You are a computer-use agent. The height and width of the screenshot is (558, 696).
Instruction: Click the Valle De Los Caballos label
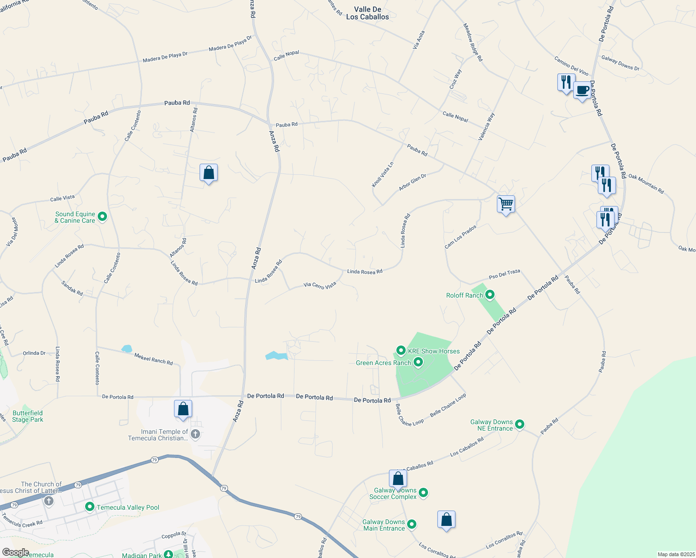point(368,13)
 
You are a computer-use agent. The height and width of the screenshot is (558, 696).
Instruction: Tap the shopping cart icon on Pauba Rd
point(506,204)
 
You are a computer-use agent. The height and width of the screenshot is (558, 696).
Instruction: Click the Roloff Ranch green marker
point(489,295)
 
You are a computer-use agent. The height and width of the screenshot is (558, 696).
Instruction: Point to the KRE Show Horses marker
point(401,351)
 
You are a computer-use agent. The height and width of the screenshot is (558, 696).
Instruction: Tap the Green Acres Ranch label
point(383,363)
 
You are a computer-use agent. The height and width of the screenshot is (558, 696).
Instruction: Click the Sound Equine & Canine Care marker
point(103,217)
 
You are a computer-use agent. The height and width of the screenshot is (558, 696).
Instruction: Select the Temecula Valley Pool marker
point(90,507)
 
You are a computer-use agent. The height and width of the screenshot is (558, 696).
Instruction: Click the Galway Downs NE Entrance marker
point(520,424)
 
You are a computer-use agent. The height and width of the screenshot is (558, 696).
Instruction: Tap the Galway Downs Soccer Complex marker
point(423,492)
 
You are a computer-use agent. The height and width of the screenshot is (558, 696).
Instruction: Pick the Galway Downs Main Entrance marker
point(412,525)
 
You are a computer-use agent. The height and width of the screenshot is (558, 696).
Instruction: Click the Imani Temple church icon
point(195,434)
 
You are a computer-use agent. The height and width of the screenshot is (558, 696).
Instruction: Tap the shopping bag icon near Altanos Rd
point(208,173)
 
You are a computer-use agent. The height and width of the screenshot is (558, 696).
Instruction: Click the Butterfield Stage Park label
point(27,416)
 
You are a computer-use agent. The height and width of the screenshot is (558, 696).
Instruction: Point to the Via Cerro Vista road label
point(320,286)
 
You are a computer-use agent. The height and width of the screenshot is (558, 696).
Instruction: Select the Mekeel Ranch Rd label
point(154,359)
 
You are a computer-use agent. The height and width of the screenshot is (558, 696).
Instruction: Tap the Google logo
point(16,552)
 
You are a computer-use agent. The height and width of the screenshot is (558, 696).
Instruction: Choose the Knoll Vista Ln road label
point(382,175)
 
